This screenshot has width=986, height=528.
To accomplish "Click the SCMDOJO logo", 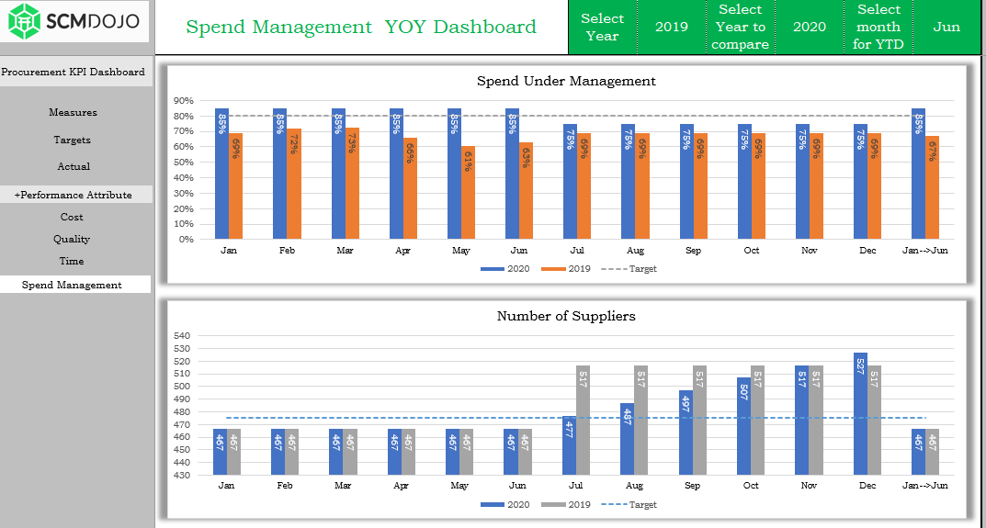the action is point(74,21).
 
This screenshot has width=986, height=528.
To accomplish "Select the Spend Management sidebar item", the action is point(72,285).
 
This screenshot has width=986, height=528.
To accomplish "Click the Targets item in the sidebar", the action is point(72,140).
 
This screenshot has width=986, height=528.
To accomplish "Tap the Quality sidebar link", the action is point(72,239).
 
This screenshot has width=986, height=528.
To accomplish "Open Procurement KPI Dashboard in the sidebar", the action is point(73,72).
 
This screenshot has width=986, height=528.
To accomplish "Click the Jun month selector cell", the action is point(946,27).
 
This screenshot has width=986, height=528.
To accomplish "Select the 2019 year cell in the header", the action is point(672,27).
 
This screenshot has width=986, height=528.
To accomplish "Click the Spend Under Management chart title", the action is point(566,81).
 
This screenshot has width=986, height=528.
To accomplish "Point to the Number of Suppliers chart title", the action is point(566,316).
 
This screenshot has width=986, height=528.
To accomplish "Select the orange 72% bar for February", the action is point(294,185).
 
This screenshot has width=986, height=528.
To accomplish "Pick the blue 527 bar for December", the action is point(861,413).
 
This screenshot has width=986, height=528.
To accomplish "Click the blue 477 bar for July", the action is point(569,445).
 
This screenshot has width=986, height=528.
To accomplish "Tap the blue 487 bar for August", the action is point(627,439).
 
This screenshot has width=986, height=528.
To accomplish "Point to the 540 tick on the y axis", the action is point(181,336).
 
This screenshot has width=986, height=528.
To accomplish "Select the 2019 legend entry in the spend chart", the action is point(566,268).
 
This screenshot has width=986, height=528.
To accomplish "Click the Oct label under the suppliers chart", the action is point(751,485).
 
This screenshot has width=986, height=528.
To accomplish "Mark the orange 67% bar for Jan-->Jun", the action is point(932,188).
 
